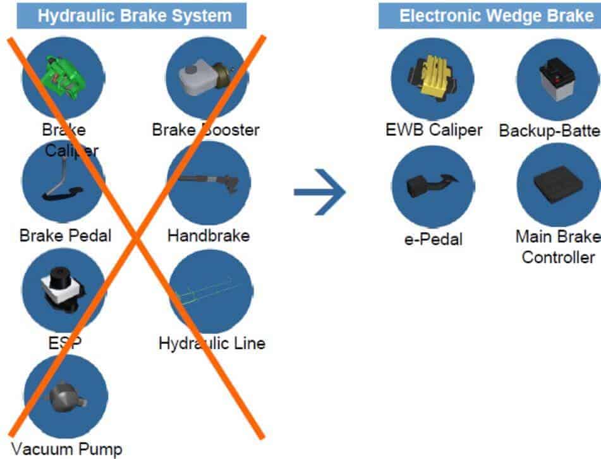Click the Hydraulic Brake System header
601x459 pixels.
[x=131, y=16]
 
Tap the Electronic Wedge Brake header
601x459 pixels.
[x=490, y=16]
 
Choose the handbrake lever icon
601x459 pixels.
[x=209, y=183]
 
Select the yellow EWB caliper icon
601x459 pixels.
[x=432, y=79]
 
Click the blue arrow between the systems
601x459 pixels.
[x=320, y=191]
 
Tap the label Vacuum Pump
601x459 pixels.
[x=66, y=450]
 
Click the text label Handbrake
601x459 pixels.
[x=209, y=236]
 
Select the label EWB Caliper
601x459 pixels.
[x=434, y=130]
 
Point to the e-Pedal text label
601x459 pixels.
[x=433, y=240]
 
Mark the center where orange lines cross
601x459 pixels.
[x=135, y=237]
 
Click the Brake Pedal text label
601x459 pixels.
[x=65, y=236]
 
